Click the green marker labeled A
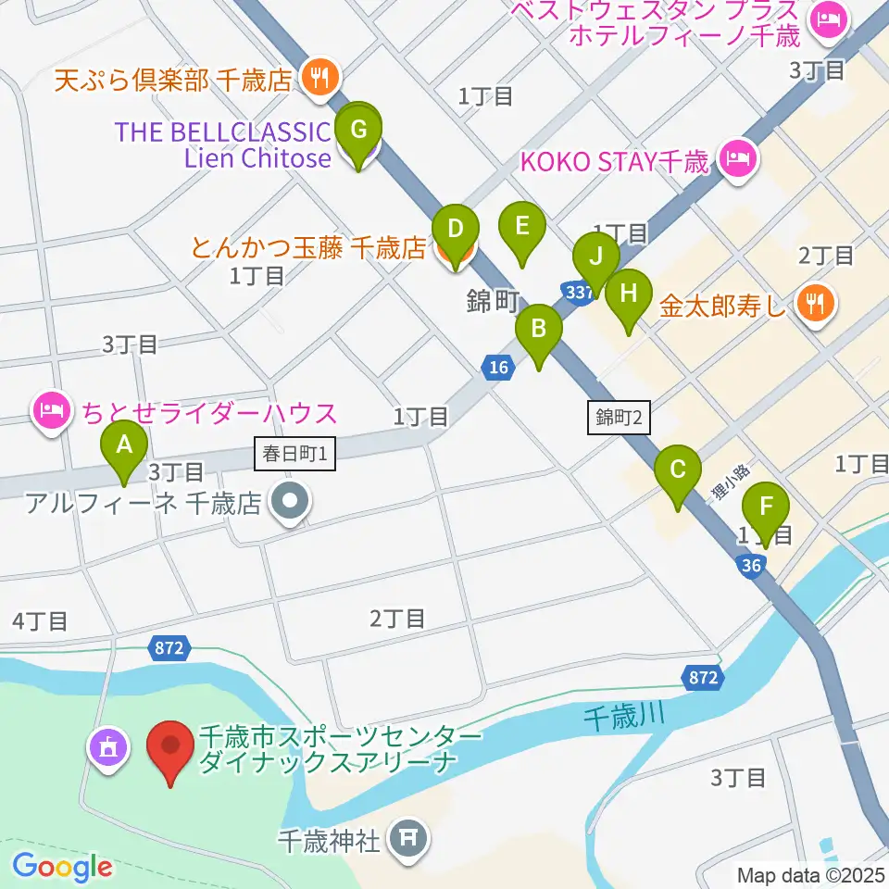pos(123,451)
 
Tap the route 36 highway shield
pos(751,565)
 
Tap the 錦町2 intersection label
pos(620,418)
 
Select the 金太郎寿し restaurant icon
pos(816,300)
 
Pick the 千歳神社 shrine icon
pos(408,839)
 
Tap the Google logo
pos(62,867)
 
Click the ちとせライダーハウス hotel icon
pos(53,408)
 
